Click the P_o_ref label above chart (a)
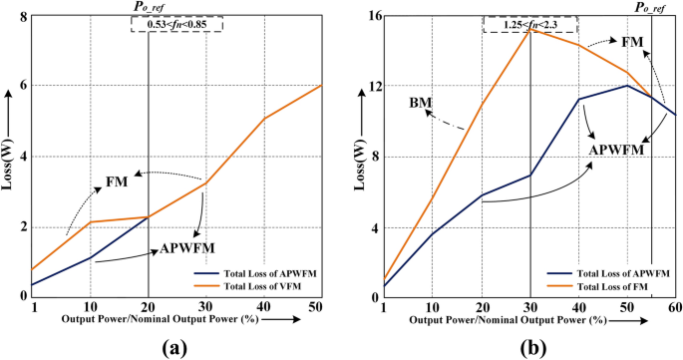[148, 7]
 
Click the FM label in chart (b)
[631, 42]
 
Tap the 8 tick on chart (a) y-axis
[21, 16]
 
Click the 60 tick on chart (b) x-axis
[675, 308]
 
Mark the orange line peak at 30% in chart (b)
[529, 29]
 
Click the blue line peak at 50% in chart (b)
[626, 85]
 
